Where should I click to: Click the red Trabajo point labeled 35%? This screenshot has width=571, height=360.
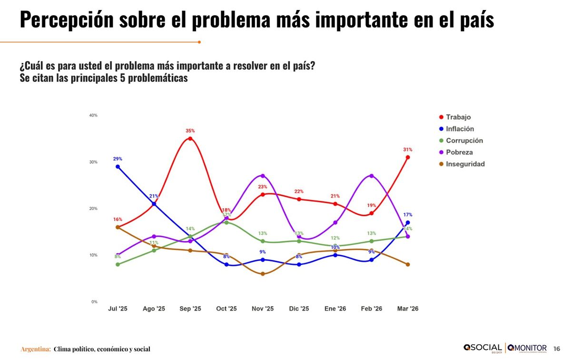(x=190, y=139)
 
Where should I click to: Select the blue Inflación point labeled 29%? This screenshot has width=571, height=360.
(x=118, y=167)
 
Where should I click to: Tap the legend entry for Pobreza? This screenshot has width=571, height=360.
(x=459, y=152)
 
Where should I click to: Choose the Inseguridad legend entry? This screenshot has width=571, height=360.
(x=465, y=164)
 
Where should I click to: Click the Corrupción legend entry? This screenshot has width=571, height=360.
(x=464, y=140)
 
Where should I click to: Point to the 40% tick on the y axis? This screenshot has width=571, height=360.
(x=93, y=115)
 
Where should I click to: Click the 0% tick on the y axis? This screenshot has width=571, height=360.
(x=94, y=301)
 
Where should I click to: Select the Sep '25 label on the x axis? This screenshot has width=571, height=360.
(x=190, y=309)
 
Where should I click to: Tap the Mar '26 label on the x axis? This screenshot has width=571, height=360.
(x=408, y=309)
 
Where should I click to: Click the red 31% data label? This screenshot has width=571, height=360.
(x=408, y=150)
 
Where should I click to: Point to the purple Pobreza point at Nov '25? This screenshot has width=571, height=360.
(x=263, y=176)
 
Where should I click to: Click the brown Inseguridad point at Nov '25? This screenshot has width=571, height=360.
(x=263, y=274)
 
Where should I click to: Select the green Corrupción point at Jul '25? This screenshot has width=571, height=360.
(x=118, y=264)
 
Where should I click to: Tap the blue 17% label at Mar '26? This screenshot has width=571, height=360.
(x=408, y=215)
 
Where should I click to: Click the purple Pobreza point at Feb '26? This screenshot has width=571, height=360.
(x=372, y=176)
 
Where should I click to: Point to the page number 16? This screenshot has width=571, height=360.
(x=557, y=349)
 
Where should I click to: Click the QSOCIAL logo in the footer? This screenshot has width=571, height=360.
(x=482, y=348)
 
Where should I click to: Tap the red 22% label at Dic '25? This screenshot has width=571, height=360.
(x=299, y=191)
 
